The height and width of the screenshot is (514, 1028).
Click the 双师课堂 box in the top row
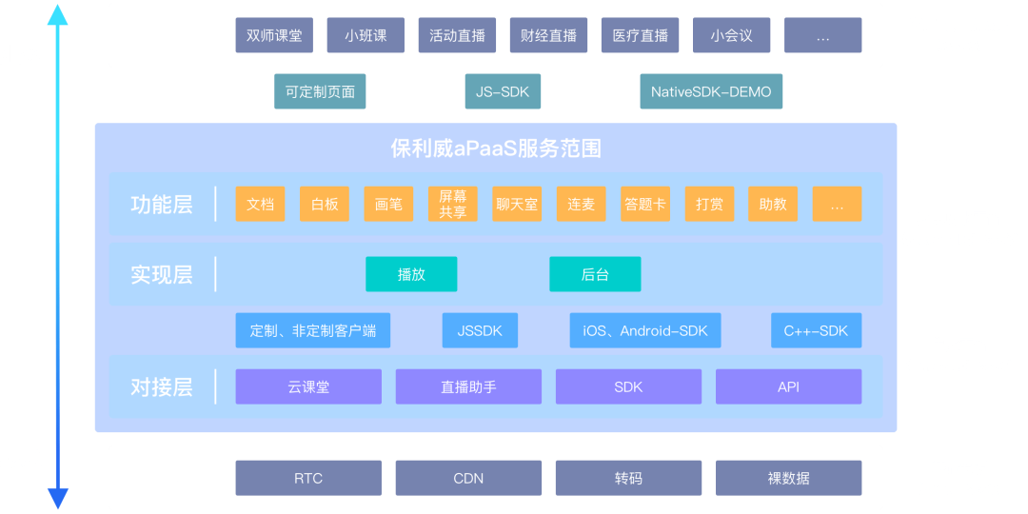pyautogui.click(x=274, y=35)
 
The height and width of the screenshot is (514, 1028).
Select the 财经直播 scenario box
pyautogui.click(x=548, y=35)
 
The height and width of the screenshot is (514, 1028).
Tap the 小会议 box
pyautogui.click(x=731, y=35)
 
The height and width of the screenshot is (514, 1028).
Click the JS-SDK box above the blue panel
pyautogui.click(x=503, y=92)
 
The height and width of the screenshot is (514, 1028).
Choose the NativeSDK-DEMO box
pyautogui.click(x=711, y=92)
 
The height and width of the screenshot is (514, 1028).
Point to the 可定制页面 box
pyautogui.click(x=320, y=92)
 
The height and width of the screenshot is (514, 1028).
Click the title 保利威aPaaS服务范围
pyautogui.click(x=496, y=148)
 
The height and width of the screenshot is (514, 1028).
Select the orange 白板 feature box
pyautogui.click(x=325, y=204)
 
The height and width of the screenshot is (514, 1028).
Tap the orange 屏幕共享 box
pyautogui.click(x=452, y=204)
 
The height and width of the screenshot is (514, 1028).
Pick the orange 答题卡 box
pyautogui.click(x=645, y=204)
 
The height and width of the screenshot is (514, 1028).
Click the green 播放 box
pyautogui.click(x=411, y=274)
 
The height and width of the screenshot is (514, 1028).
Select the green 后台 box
pyautogui.click(x=595, y=274)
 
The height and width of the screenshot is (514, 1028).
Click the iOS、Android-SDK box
pyautogui.click(x=645, y=330)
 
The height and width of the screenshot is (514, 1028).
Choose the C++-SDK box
pyautogui.click(x=816, y=330)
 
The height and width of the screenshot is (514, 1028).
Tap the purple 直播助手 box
pyautogui.click(x=468, y=386)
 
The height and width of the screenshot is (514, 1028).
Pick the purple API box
pyautogui.click(x=788, y=386)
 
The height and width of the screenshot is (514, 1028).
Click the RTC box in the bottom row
pyautogui.click(x=308, y=478)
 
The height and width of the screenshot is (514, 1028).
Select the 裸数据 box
pyautogui.click(x=788, y=478)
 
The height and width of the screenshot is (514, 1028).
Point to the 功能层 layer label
pyautogui.click(x=162, y=204)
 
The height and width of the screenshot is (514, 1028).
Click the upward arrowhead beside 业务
pyautogui.click(x=58, y=13)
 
